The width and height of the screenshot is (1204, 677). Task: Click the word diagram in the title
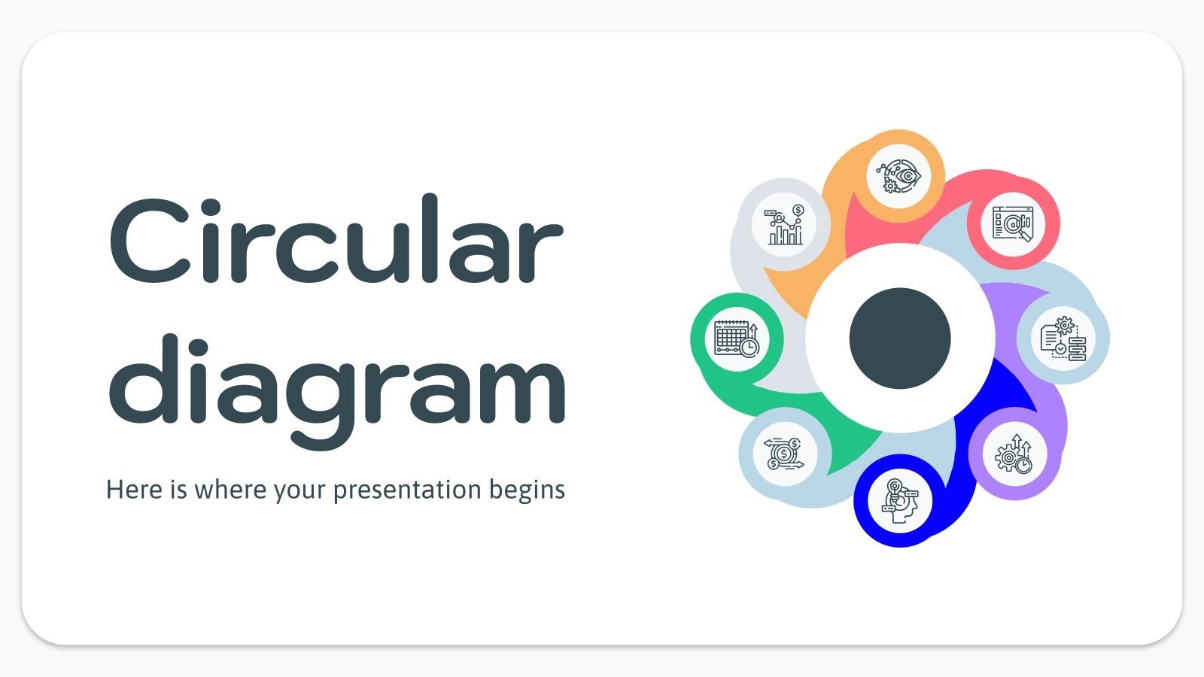[x=337, y=381]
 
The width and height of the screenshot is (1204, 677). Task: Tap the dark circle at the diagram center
[x=900, y=338]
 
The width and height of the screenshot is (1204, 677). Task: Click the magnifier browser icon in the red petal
[x=1013, y=223]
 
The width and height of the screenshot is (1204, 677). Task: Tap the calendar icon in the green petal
[x=737, y=338]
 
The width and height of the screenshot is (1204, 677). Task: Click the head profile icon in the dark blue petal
[x=900, y=500]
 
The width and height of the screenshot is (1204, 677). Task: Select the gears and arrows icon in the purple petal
[x=1014, y=454]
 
